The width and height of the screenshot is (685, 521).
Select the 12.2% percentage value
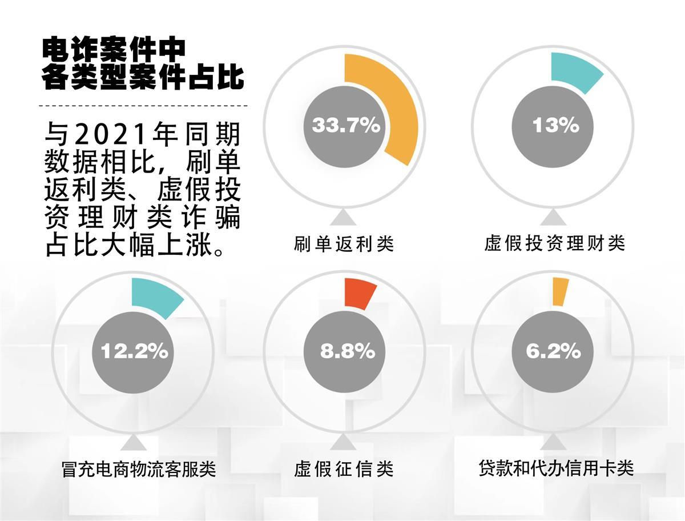(135, 351)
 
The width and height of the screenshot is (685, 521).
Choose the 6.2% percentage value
(553, 351)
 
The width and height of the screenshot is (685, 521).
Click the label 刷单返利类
(344, 245)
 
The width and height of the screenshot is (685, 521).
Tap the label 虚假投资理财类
(554, 243)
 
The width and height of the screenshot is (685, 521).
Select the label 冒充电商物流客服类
(139, 470)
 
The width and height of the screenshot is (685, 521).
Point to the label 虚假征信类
(344, 470)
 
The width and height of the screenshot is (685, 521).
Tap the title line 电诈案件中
(114, 50)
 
